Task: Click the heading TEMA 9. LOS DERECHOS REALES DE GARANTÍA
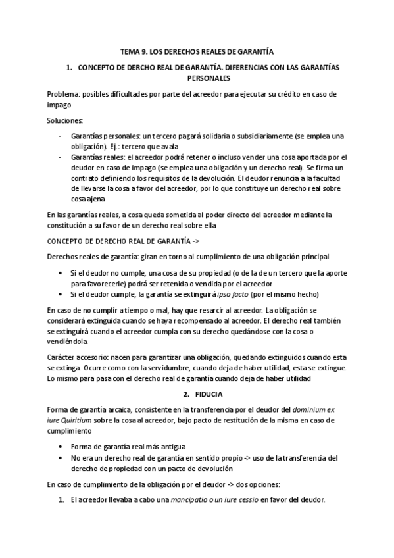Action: [x=197, y=51]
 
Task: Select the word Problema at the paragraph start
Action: [x=65, y=94]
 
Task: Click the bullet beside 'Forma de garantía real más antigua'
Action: [x=61, y=446]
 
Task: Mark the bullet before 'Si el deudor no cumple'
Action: [x=61, y=272]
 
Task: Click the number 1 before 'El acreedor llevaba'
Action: [x=61, y=500]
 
